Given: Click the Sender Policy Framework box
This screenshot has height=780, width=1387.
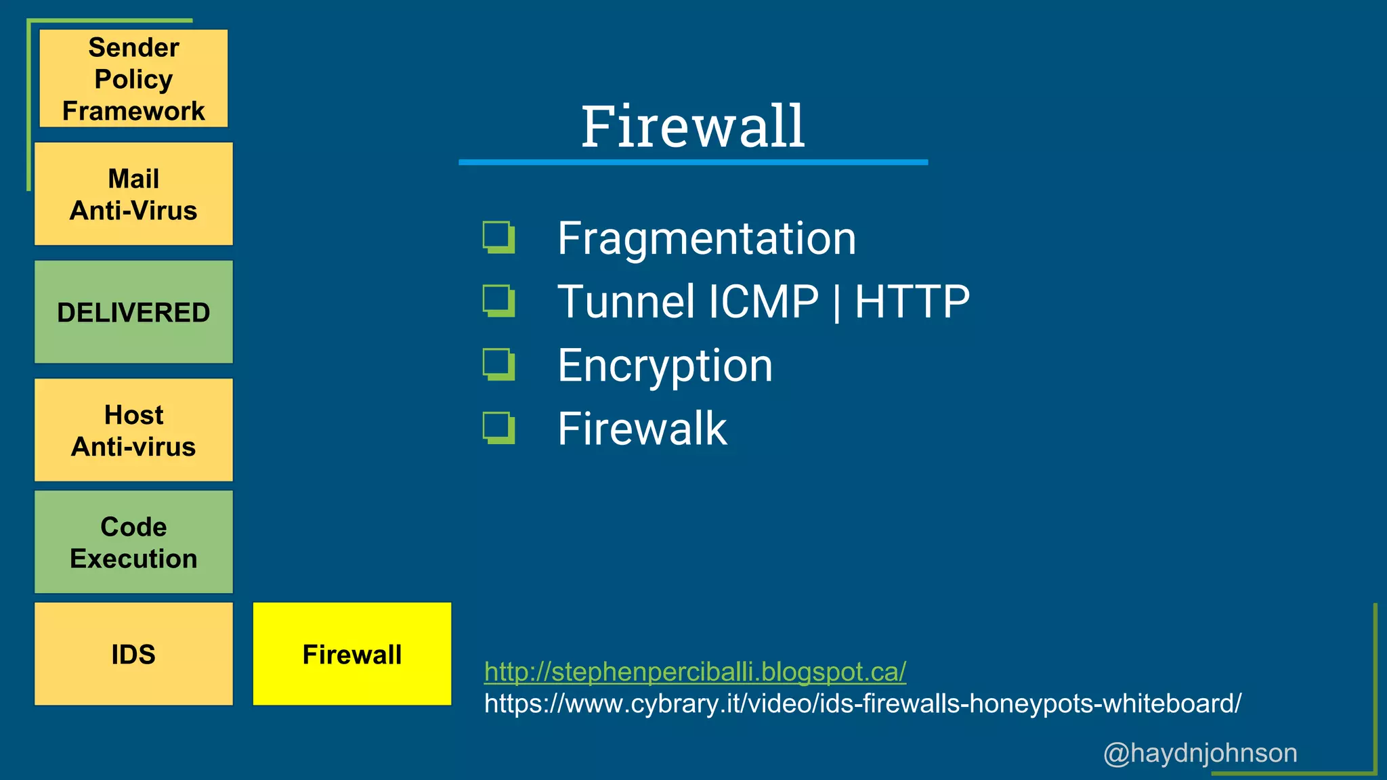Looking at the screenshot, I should point(133,79).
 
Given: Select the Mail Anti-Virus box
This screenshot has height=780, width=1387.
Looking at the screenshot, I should point(133,194).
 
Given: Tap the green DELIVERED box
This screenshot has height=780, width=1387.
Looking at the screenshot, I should point(133,312).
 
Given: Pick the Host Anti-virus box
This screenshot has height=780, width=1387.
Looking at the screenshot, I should point(133,430).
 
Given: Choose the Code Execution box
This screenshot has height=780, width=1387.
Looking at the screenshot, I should point(133,542).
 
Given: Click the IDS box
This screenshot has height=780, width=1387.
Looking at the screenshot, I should point(133,654).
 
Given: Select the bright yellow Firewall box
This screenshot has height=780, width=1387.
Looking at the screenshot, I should point(351,654).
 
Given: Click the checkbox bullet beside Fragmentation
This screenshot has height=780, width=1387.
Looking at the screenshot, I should point(498,237).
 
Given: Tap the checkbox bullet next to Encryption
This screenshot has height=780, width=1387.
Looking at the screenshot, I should point(498,364).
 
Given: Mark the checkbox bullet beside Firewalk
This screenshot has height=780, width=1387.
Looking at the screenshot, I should point(498,428).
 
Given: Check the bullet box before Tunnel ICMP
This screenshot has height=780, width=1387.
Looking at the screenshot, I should point(498,301).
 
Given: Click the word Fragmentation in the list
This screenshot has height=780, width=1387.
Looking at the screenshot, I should point(706,238).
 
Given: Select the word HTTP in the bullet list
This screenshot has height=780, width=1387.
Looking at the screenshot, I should point(912,301).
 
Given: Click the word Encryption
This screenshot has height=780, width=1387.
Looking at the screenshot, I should point(664,366).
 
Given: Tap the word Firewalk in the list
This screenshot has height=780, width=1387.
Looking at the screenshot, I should point(641,429).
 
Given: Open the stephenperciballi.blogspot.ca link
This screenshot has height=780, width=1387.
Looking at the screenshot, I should point(695,672).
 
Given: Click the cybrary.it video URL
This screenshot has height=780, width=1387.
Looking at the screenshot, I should point(862,703).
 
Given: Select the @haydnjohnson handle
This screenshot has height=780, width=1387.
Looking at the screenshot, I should point(1200,753).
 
